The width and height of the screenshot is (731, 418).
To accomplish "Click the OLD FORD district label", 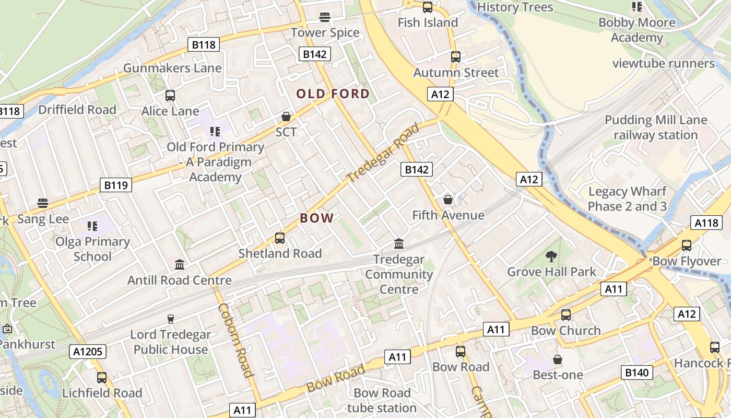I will [x=333, y=94].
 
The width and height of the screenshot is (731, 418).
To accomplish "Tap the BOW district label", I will [x=317, y=218].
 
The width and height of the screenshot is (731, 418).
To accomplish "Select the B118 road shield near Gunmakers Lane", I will [x=204, y=45].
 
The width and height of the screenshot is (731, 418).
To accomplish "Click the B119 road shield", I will [x=116, y=185].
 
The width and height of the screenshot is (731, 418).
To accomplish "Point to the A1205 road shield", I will [x=88, y=352].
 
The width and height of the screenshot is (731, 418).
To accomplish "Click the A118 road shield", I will [x=706, y=223].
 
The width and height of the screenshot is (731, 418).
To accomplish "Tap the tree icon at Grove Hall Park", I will [x=551, y=256].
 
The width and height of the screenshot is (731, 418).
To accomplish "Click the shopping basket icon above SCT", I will [x=286, y=116].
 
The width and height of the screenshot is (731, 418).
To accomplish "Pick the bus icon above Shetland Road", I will [x=280, y=238].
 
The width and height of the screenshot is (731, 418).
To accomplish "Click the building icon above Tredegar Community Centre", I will [x=399, y=243].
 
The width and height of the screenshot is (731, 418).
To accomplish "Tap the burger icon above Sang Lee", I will [x=43, y=203].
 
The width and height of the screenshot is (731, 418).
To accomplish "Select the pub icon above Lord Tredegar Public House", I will [x=170, y=319].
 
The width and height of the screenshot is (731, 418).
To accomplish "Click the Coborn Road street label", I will [x=235, y=340].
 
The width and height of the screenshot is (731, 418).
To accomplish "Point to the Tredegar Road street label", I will [x=383, y=153].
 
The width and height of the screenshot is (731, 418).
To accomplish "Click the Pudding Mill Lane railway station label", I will [x=656, y=127].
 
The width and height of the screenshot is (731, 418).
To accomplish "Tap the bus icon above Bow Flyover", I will [x=687, y=246].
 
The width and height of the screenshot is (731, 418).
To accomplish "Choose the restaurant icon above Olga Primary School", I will [x=92, y=226].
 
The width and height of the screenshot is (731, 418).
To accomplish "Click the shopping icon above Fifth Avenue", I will [x=447, y=200].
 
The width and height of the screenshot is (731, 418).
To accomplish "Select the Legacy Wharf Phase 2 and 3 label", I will [x=627, y=199].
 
